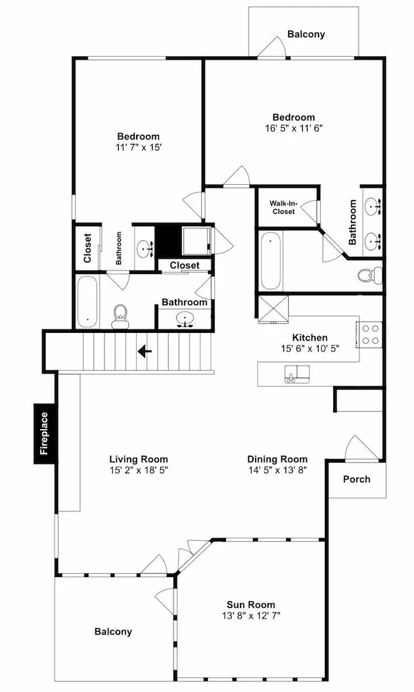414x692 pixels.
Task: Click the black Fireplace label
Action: tap(44, 433)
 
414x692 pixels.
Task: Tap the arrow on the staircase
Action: tap(144, 352)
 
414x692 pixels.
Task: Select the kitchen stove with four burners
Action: tap(369, 334)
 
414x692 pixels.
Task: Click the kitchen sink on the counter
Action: tap(297, 374)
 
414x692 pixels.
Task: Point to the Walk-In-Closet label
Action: tap(283, 208)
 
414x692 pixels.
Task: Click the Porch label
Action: tap(357, 480)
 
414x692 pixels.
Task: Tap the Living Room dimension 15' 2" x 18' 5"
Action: tap(139, 470)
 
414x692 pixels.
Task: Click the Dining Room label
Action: tap(277, 459)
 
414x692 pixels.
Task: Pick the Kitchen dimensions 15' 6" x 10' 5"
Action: tap(310, 349)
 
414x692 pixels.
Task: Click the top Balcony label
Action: tap(306, 34)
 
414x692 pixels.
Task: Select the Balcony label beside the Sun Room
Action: tap(113, 632)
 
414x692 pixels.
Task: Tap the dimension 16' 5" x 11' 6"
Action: tap(294, 129)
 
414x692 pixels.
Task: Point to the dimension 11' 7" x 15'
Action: tap(138, 147)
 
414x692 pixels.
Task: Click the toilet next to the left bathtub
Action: tap(120, 316)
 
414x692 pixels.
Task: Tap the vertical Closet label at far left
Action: tap(87, 248)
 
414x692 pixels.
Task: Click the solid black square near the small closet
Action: tap(169, 242)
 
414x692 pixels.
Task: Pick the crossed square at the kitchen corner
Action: tap(273, 309)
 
